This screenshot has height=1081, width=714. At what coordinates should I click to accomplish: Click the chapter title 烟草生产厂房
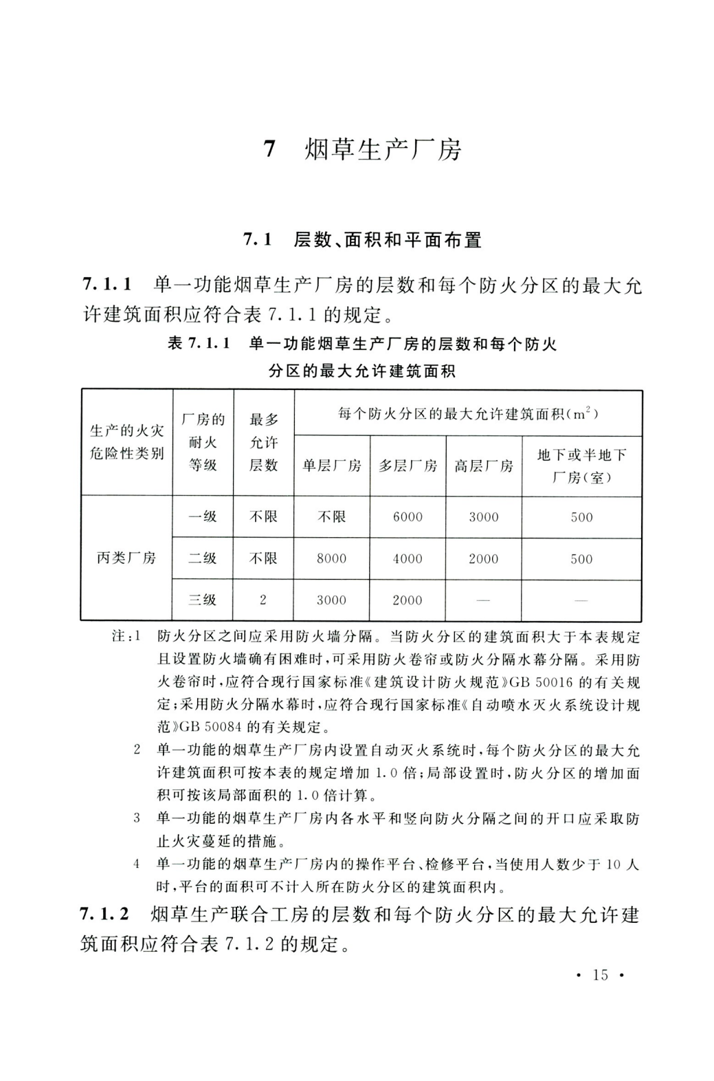(383, 150)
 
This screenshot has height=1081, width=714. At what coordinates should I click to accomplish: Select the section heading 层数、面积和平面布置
(387, 240)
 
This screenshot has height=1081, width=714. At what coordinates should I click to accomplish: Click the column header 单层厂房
(331, 466)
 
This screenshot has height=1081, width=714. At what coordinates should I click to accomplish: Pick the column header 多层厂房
(408, 466)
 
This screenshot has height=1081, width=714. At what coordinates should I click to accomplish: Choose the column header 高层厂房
(483, 466)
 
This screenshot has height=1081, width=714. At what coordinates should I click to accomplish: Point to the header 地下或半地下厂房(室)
(581, 466)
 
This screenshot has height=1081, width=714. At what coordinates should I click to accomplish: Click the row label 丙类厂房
(126, 558)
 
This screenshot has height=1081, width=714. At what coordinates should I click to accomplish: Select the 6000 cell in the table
(408, 517)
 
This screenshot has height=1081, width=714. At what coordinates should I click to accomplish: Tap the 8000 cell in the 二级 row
(331, 559)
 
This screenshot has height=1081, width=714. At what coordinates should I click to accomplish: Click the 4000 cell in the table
(408, 559)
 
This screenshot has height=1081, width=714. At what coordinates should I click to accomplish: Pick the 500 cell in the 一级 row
(581, 517)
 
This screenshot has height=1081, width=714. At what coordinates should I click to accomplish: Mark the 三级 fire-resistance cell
(203, 600)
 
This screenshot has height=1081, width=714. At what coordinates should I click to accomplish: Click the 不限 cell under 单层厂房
(331, 517)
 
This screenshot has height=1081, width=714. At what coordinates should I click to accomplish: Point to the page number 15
(600, 974)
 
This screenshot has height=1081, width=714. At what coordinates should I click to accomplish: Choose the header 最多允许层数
(263, 442)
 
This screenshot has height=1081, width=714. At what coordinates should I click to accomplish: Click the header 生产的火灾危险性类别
(127, 442)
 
